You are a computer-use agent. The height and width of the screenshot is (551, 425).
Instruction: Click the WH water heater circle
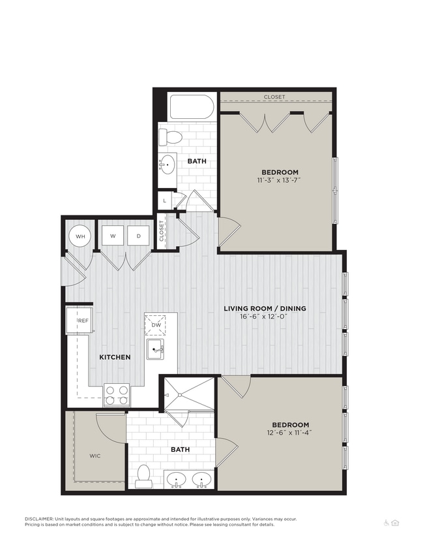(80, 236)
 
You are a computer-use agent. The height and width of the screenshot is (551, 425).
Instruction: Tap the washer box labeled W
(113, 236)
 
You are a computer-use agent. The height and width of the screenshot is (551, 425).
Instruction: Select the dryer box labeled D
(138, 236)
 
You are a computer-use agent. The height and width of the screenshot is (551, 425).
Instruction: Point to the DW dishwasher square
(155, 324)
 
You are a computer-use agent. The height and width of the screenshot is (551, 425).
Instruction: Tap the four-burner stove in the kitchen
(117, 394)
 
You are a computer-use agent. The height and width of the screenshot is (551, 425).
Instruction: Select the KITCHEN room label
(115, 357)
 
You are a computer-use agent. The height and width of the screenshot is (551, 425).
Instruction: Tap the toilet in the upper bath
(171, 138)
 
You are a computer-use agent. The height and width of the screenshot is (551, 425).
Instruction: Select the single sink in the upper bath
(167, 165)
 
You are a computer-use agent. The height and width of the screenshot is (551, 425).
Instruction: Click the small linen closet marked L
(164, 200)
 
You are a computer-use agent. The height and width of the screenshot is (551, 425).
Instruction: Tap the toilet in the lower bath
(144, 477)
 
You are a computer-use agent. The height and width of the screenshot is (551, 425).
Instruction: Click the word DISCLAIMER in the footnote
(40, 519)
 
